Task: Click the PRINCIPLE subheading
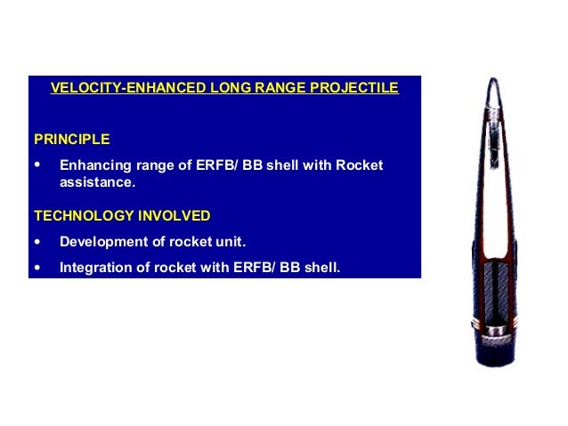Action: tap(71, 140)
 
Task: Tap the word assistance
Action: tap(96, 183)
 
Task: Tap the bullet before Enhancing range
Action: tap(37, 165)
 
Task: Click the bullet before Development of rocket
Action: tap(37, 242)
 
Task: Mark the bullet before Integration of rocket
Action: tap(37, 265)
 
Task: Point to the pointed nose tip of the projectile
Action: tap(494, 81)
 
